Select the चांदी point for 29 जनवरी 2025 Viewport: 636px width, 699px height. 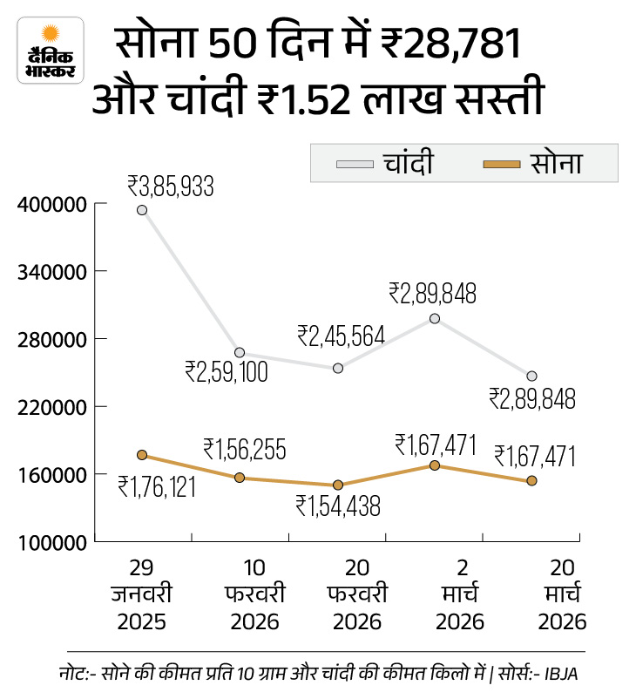(x=141, y=210)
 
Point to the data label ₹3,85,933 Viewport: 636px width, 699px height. (x=171, y=186)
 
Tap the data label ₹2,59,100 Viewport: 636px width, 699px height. (x=227, y=372)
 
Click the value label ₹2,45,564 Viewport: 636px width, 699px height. (x=341, y=336)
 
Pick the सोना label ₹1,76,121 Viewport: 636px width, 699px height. (x=158, y=485)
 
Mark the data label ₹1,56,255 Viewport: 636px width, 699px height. (x=245, y=449)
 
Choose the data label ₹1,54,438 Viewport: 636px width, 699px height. (x=338, y=506)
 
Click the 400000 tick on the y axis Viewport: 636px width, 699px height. (x=51, y=204)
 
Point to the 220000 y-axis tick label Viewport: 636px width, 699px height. (x=51, y=407)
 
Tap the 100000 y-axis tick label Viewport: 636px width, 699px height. (x=51, y=542)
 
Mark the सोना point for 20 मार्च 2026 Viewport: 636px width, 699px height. (x=531, y=481)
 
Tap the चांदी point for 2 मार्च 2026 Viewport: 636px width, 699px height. (x=435, y=319)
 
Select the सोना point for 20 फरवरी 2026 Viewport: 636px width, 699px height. (x=338, y=485)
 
